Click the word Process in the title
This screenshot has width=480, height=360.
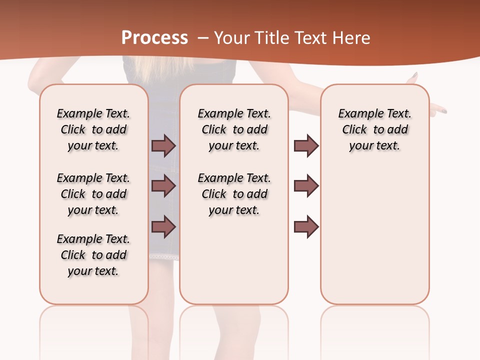coord(154,38)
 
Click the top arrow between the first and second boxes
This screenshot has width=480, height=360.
coord(163,145)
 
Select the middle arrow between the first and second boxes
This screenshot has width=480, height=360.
coord(163,186)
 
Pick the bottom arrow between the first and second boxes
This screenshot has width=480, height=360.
coord(163,226)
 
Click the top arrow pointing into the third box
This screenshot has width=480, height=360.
coord(306,145)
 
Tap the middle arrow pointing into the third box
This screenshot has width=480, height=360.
coord(306,186)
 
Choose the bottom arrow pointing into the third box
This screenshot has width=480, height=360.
coord(306,226)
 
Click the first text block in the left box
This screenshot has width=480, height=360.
coord(93,129)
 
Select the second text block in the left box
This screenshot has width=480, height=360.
coord(93,194)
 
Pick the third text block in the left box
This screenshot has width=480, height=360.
coord(93,255)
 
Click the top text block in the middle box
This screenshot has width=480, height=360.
coord(234,129)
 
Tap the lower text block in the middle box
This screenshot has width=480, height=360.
coord(234,194)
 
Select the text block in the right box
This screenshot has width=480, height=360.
coord(374,129)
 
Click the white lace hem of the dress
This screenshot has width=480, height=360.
coord(164,256)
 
